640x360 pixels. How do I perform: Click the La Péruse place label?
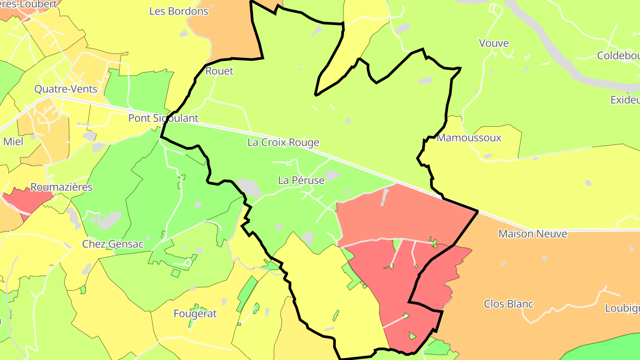301,180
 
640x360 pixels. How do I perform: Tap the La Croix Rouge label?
283,143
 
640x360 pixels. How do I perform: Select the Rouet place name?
219,71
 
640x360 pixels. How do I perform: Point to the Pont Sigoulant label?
163,118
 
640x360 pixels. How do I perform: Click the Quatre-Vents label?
66,89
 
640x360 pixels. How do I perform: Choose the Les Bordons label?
179,12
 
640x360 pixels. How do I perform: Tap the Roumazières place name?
61,187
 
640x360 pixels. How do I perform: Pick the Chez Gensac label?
113,244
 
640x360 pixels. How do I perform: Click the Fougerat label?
195,314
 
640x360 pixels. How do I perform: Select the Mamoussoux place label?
469,138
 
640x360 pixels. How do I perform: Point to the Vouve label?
494,43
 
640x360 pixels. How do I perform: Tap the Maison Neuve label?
532,234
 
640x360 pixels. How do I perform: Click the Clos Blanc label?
508,304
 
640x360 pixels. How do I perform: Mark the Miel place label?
13,142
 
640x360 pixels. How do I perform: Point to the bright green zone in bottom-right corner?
609,349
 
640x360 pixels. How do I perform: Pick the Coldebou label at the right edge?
618,56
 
